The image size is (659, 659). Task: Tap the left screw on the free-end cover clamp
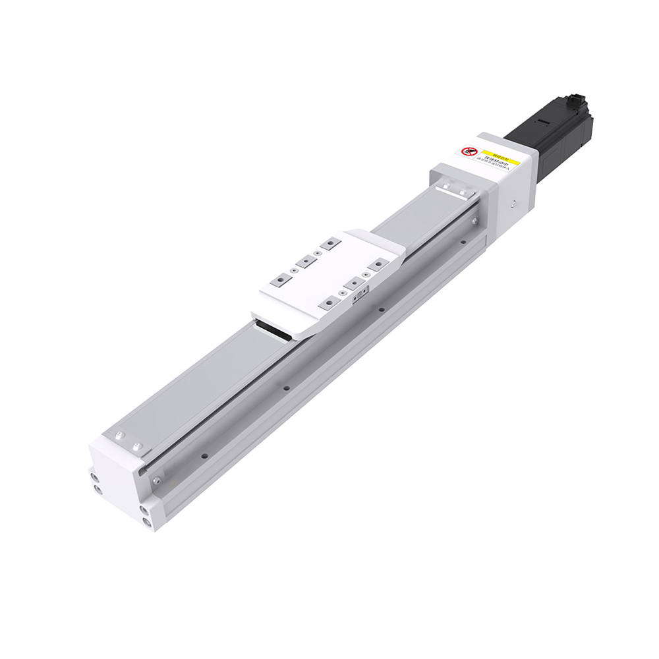tap(120, 436)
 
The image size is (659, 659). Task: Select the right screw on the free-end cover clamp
tap(137, 447)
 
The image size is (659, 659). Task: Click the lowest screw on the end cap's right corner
tap(146, 521)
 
